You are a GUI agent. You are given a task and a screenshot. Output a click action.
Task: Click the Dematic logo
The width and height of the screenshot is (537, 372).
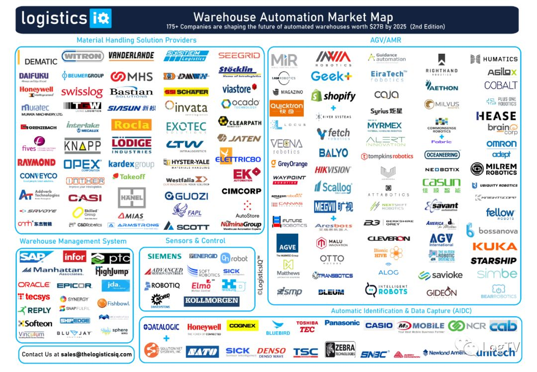(41, 61)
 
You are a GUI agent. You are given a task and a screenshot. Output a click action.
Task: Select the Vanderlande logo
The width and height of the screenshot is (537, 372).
(131, 56)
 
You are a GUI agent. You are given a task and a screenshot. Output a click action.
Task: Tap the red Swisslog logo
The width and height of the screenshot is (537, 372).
(82, 93)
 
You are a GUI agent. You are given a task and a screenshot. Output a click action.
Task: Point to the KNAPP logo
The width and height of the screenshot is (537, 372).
(83, 146)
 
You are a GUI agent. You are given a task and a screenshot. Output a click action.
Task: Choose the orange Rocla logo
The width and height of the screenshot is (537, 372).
(131, 125)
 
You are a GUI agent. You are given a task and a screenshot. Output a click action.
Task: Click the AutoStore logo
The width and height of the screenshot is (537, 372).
(247, 209)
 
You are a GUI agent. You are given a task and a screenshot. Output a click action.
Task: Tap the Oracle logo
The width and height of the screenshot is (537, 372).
(34, 285)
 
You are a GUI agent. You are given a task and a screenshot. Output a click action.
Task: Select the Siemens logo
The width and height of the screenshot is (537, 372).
(165, 256)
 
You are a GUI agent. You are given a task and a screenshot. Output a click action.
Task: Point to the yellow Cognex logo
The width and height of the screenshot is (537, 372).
(242, 326)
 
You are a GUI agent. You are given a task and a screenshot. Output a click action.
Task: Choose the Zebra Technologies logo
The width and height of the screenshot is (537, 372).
(340, 350)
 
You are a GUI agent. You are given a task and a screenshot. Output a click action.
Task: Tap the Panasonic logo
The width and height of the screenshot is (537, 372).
(342, 323)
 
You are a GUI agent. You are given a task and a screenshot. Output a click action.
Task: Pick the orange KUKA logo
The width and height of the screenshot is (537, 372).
(494, 246)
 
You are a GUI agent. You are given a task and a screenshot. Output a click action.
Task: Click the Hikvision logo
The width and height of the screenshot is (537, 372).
(333, 170)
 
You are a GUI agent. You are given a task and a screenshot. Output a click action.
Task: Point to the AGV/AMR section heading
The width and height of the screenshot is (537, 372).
(386, 40)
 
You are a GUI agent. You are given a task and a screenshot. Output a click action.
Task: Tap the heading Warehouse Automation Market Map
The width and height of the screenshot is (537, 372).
(293, 18)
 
